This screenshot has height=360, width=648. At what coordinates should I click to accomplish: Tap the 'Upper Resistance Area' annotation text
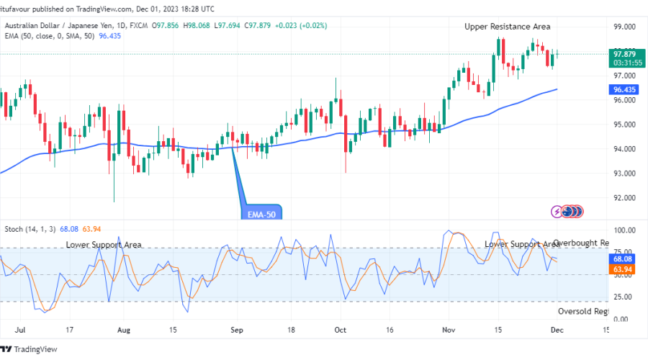pos(507,27)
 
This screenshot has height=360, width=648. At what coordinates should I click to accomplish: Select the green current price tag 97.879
pos(624,54)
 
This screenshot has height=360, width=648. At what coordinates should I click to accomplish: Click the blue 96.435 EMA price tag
pos(624,90)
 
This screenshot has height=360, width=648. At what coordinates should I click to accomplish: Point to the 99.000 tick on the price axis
pos(624,27)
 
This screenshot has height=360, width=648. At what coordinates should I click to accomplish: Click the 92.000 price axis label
pos(624,198)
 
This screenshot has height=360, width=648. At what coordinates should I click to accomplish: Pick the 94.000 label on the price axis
pos(624,149)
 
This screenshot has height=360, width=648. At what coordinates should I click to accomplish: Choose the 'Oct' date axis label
pos(341,330)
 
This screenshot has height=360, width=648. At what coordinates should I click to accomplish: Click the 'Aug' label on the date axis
pos(124,330)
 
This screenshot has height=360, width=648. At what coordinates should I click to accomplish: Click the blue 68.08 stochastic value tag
pos(624,258)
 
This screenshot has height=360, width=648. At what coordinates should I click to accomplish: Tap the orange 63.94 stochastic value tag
pos(624,269)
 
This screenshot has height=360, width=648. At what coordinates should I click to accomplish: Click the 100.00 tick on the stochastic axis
pos(624,230)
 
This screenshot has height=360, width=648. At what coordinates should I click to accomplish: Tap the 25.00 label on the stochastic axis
pos(624,297)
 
